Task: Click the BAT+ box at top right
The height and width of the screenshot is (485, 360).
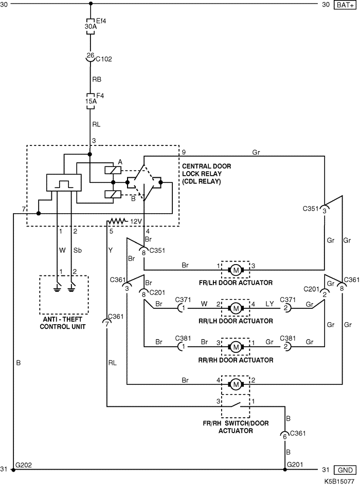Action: [x=345, y=5]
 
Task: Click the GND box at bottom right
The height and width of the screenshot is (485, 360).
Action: [x=344, y=470]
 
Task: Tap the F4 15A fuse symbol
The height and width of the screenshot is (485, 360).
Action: [x=90, y=101]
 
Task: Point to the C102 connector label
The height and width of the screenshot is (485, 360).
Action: [x=104, y=59]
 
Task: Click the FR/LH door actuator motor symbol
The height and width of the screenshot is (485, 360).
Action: [x=235, y=269]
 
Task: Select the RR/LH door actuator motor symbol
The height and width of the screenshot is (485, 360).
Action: [x=236, y=308]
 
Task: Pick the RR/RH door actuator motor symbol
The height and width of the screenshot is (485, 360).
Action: [x=236, y=347]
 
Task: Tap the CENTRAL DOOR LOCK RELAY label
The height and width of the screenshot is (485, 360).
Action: [x=207, y=174]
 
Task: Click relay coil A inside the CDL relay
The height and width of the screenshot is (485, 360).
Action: [x=112, y=170]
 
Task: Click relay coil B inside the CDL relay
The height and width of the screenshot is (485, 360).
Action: [x=112, y=194]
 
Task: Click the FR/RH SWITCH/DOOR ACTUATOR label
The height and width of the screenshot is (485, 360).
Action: [x=235, y=427]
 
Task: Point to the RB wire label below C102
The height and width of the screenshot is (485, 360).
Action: [x=97, y=80]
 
